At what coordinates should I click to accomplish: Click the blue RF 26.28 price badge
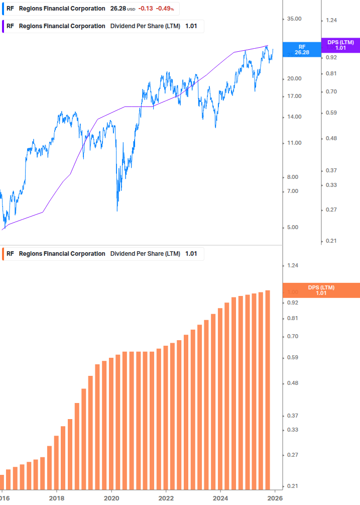pos(302,49)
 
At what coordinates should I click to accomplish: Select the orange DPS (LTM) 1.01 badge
pos(321,290)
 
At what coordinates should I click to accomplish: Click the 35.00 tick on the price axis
pos(294,19)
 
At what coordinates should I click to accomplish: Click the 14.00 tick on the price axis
pos(294,117)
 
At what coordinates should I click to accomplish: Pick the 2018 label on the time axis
pos(57,498)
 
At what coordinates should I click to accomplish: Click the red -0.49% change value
pos(165,9)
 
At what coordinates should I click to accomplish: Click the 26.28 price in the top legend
pos(118,9)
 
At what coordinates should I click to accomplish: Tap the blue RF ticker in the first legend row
pos(10,9)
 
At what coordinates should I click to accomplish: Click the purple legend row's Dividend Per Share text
pos(145,26)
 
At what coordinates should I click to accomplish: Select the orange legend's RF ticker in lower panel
pos(10,254)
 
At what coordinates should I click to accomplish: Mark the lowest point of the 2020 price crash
pos(117,210)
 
